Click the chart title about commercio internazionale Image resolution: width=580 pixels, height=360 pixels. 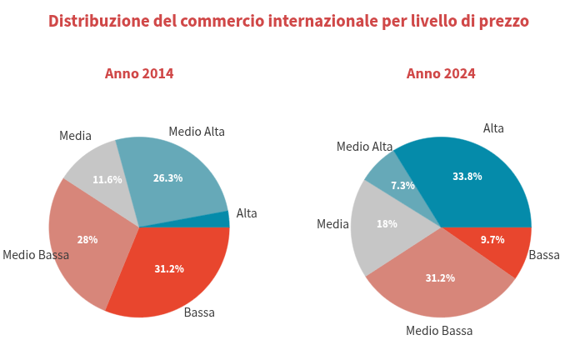tap(288, 21)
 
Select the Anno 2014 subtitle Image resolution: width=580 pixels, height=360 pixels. tap(139, 73)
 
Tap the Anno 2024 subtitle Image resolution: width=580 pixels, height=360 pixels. tap(441, 73)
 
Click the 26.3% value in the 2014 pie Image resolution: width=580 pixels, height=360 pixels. tap(167, 177)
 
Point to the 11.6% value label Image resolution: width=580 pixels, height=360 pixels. tap(107, 179)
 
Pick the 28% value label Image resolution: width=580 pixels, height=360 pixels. tap(87, 239)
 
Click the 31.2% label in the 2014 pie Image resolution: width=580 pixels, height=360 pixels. tap(169, 268)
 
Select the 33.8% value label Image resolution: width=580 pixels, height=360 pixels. tap(467, 177)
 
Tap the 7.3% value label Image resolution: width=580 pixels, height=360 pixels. tap(402, 185)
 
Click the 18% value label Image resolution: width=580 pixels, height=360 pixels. tap(387, 223)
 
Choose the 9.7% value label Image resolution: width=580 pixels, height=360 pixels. tap(492, 239)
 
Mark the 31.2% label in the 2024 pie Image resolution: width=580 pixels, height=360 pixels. tap(440, 277)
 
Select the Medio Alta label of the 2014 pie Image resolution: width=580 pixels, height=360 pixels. tap(197, 131)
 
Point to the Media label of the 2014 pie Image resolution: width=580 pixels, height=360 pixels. tap(75, 136)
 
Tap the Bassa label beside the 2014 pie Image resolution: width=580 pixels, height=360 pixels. tap(199, 312)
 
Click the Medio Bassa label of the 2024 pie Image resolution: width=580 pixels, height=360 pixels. tap(439, 331)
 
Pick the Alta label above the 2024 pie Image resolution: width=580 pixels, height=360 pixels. tap(493, 128)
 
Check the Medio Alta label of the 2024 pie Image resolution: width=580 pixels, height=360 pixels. tap(364, 147)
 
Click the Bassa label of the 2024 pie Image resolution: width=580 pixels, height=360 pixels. tap(544, 255)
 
